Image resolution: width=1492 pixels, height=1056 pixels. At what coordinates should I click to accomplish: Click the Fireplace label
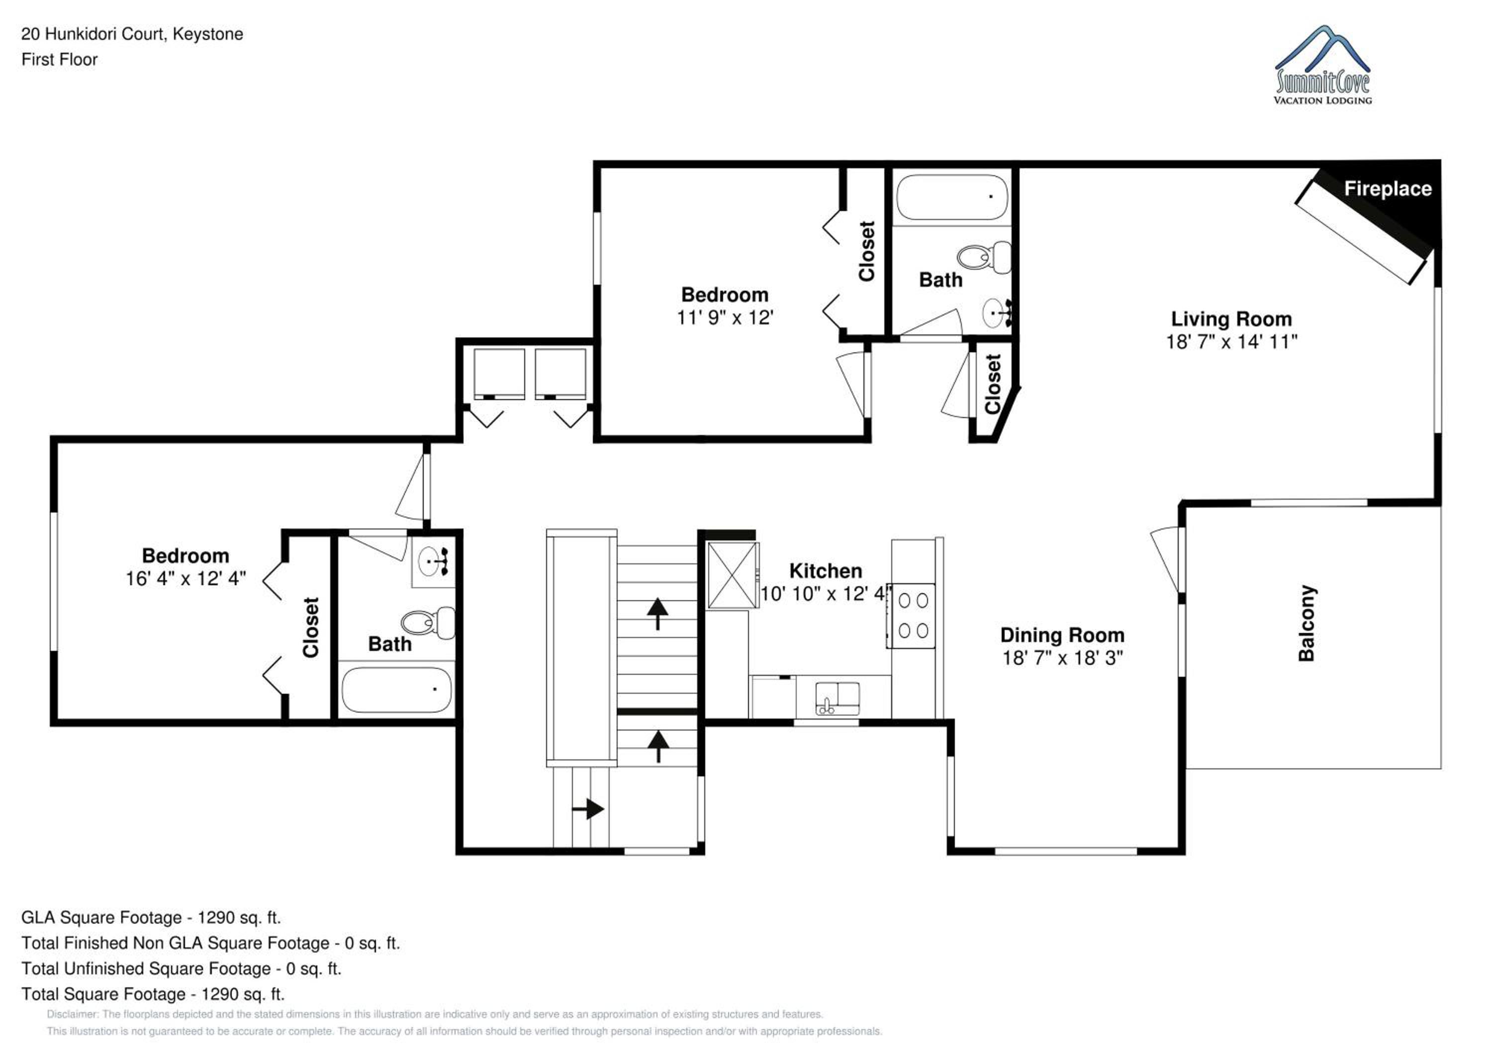coord(1388,189)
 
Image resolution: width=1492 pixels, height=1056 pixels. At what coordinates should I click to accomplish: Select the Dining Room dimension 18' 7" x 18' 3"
coord(1062,657)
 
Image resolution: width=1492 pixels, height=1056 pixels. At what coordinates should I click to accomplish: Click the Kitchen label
coord(825,570)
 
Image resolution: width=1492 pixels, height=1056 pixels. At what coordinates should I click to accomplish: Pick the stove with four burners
coord(912,615)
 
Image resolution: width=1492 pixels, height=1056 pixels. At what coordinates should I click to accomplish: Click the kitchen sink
coord(837,698)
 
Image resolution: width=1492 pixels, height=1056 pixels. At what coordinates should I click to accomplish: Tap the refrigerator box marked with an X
coord(733,575)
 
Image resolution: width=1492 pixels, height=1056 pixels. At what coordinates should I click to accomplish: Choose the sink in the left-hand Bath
coord(433,562)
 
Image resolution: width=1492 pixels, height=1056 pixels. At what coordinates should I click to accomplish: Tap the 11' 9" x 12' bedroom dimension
coord(725,317)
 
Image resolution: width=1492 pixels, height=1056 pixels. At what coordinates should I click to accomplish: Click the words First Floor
coord(59,59)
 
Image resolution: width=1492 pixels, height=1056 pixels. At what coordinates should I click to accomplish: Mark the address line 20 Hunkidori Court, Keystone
coord(132,34)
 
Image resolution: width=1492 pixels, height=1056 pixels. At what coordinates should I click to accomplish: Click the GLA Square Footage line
coord(151,918)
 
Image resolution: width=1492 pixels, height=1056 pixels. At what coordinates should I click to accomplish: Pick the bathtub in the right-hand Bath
coord(952,197)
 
